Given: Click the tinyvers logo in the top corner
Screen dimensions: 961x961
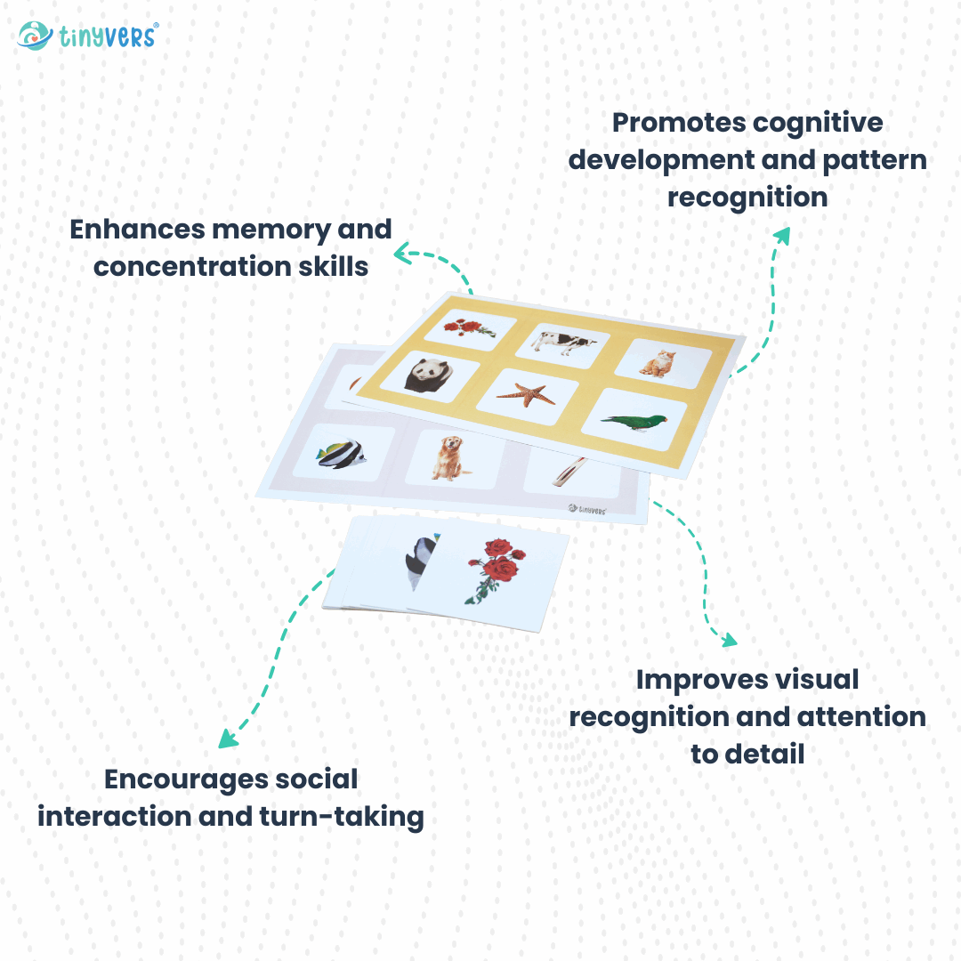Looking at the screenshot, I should [87, 36].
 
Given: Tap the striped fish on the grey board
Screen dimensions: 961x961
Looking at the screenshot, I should [341, 455].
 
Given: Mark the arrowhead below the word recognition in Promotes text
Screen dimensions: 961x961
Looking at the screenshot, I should [781, 234].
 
